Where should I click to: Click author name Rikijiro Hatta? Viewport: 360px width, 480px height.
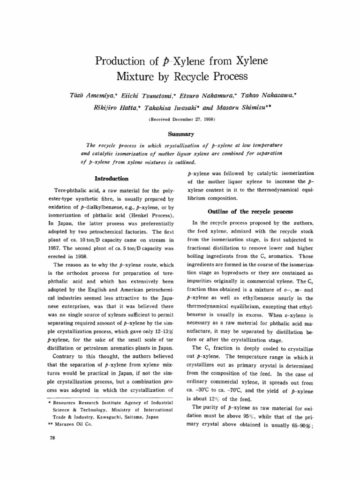[x=113, y=107]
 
